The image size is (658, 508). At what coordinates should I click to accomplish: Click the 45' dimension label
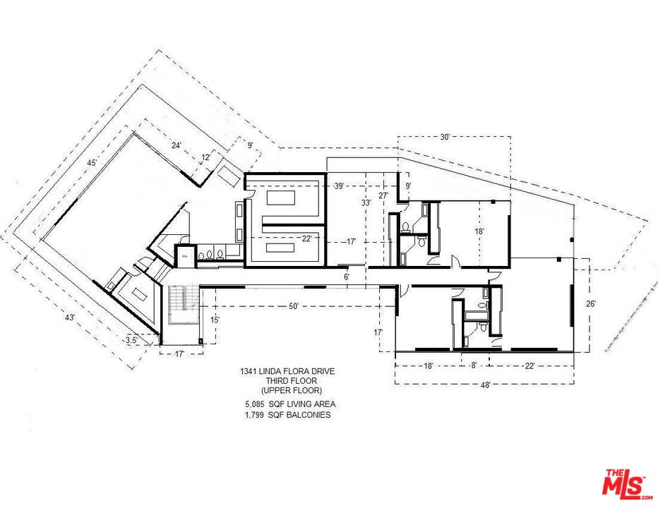(91, 163)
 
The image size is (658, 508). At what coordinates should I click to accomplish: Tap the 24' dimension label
(177, 145)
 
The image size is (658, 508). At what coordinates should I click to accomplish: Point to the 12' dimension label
(206, 157)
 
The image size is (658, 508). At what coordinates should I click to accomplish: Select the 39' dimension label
(338, 186)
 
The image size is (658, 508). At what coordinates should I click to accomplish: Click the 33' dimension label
(366, 202)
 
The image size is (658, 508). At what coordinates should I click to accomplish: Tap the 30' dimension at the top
(445, 138)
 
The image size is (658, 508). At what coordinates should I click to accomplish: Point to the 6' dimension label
(347, 277)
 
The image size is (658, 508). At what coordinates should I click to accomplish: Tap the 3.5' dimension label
(131, 339)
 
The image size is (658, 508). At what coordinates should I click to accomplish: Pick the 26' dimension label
(591, 303)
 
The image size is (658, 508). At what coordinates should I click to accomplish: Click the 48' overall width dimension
(485, 385)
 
